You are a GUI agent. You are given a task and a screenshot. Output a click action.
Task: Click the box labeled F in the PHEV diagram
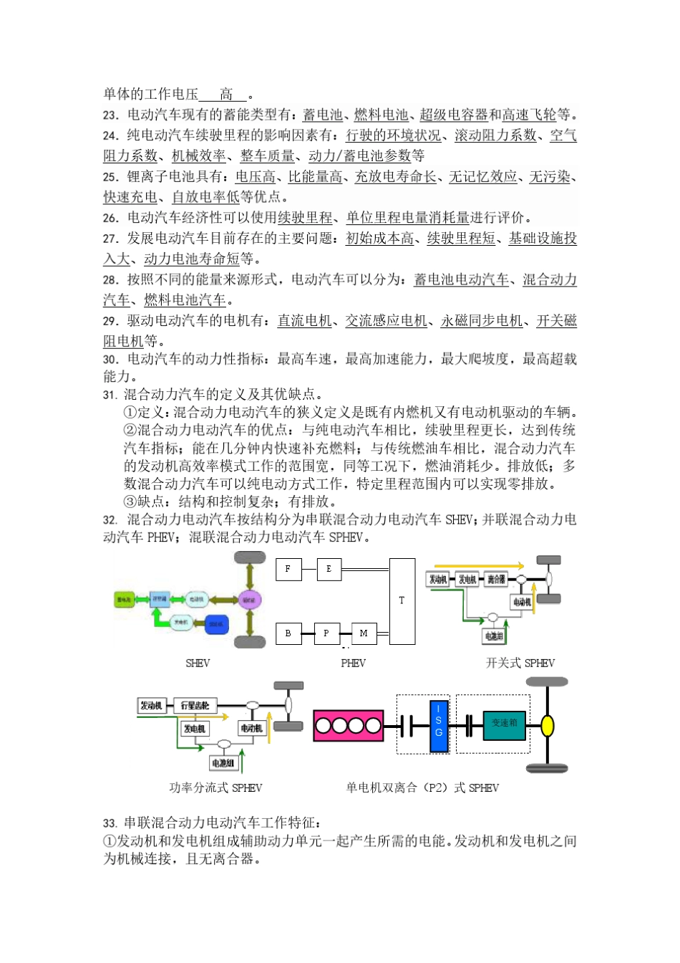[288, 569]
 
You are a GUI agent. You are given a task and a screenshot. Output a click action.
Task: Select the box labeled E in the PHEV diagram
[329, 569]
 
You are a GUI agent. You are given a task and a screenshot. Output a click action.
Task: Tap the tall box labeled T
[402, 600]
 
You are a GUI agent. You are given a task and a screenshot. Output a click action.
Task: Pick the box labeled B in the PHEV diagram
[288, 633]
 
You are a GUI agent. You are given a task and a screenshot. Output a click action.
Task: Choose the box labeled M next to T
[364, 633]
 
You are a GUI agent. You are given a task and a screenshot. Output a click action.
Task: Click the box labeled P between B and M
[326, 633]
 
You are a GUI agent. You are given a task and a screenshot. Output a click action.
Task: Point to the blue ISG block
[439, 726]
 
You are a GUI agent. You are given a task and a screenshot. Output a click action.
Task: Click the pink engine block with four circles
[349, 726]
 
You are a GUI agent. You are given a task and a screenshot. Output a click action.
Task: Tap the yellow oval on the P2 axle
[548, 726]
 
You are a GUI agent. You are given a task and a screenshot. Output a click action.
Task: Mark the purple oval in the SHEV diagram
[248, 599]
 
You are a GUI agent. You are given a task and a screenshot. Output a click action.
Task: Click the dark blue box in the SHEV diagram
[216, 624]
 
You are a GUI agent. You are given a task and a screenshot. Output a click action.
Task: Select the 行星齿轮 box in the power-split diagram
[195, 706]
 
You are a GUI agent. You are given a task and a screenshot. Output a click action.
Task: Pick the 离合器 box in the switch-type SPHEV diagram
[496, 579]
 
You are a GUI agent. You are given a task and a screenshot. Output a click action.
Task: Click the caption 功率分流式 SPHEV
[215, 787]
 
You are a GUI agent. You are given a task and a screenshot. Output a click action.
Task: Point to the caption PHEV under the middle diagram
[353, 663]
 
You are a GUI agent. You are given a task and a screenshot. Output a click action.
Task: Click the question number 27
[110, 239]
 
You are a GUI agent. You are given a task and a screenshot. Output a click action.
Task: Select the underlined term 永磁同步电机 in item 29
[482, 321]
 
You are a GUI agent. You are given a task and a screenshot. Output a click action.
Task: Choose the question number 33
[110, 823]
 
